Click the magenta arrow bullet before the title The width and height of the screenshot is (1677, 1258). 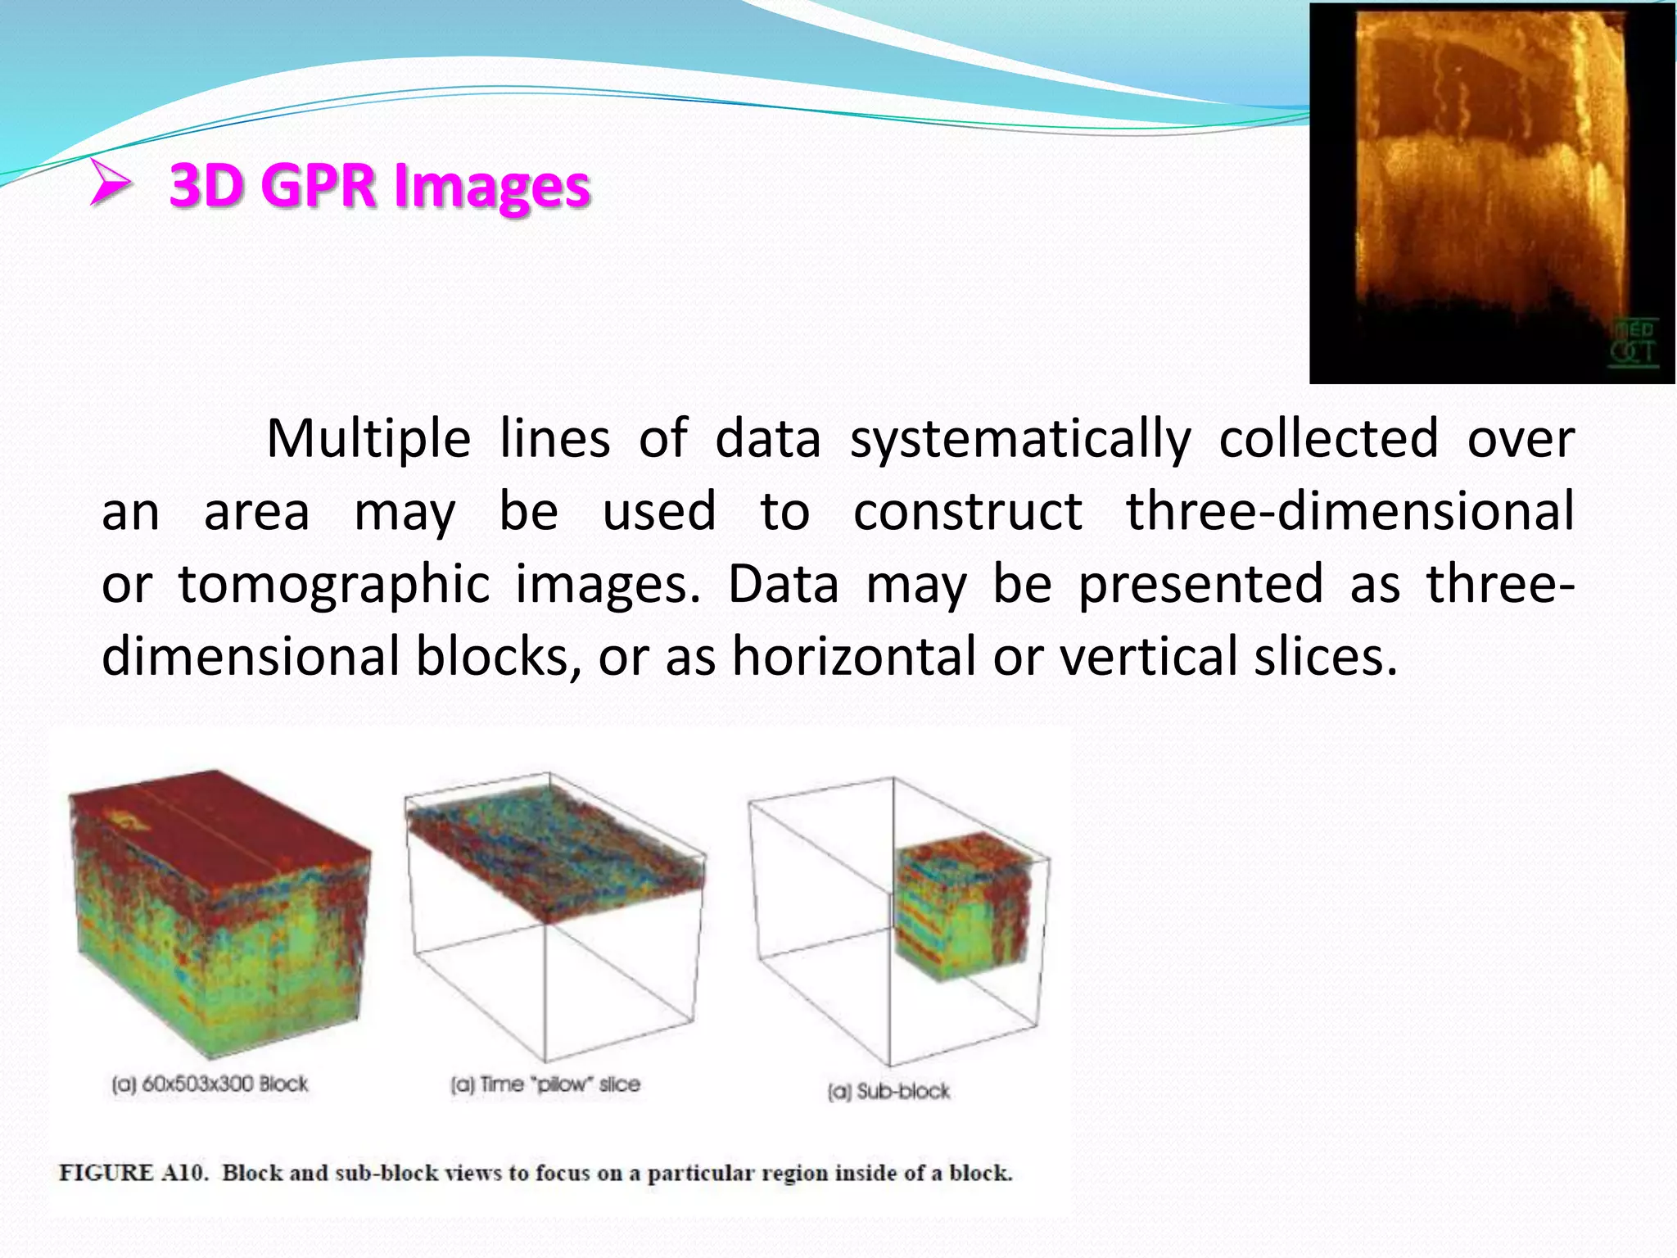pos(111,183)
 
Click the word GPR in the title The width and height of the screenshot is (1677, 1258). pos(322,185)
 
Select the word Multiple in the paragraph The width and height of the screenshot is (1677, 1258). pos(368,439)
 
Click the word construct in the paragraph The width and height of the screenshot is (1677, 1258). pos(968,512)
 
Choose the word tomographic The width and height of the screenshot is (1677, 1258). pos(334,585)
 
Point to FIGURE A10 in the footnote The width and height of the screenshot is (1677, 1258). pos(131,1173)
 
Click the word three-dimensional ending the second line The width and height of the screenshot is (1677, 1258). pos(1349,512)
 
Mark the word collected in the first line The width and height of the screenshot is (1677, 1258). pos(1328,439)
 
